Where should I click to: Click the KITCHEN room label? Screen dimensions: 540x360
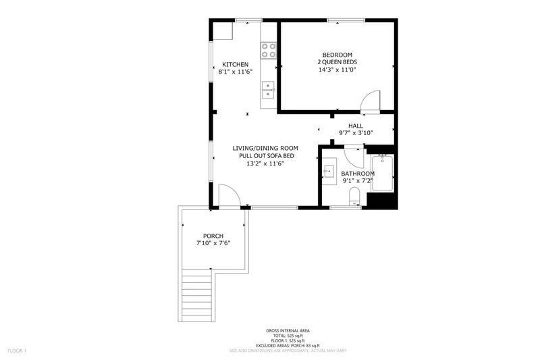pyautogui.click(x=235, y=64)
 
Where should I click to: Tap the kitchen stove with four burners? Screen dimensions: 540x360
pyautogui.click(x=269, y=50)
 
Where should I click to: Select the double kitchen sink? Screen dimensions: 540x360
pyautogui.click(x=268, y=90)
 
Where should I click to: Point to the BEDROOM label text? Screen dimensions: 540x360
pyautogui.click(x=337, y=55)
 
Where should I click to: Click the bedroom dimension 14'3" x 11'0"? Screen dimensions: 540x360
pyautogui.click(x=337, y=70)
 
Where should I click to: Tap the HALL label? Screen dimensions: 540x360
pyautogui.click(x=356, y=126)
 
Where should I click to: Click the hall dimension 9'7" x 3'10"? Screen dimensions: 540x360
pyautogui.click(x=356, y=133)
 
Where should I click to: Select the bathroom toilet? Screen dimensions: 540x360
pyautogui.click(x=354, y=197)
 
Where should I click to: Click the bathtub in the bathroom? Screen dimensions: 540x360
pyautogui.click(x=382, y=174)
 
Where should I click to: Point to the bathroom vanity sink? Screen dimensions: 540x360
pyautogui.click(x=329, y=171)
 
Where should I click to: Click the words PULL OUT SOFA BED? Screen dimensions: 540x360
pyautogui.click(x=267, y=156)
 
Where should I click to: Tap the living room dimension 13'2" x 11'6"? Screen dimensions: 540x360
pyautogui.click(x=265, y=163)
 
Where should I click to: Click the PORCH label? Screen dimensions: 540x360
pyautogui.click(x=213, y=236)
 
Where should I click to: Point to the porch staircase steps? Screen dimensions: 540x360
pyautogui.click(x=196, y=295)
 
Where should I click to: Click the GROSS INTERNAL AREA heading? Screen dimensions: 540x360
pyautogui.click(x=288, y=331)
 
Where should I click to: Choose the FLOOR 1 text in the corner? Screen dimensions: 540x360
pyautogui.click(x=17, y=351)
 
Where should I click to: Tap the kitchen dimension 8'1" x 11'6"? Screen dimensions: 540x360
pyautogui.click(x=236, y=72)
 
